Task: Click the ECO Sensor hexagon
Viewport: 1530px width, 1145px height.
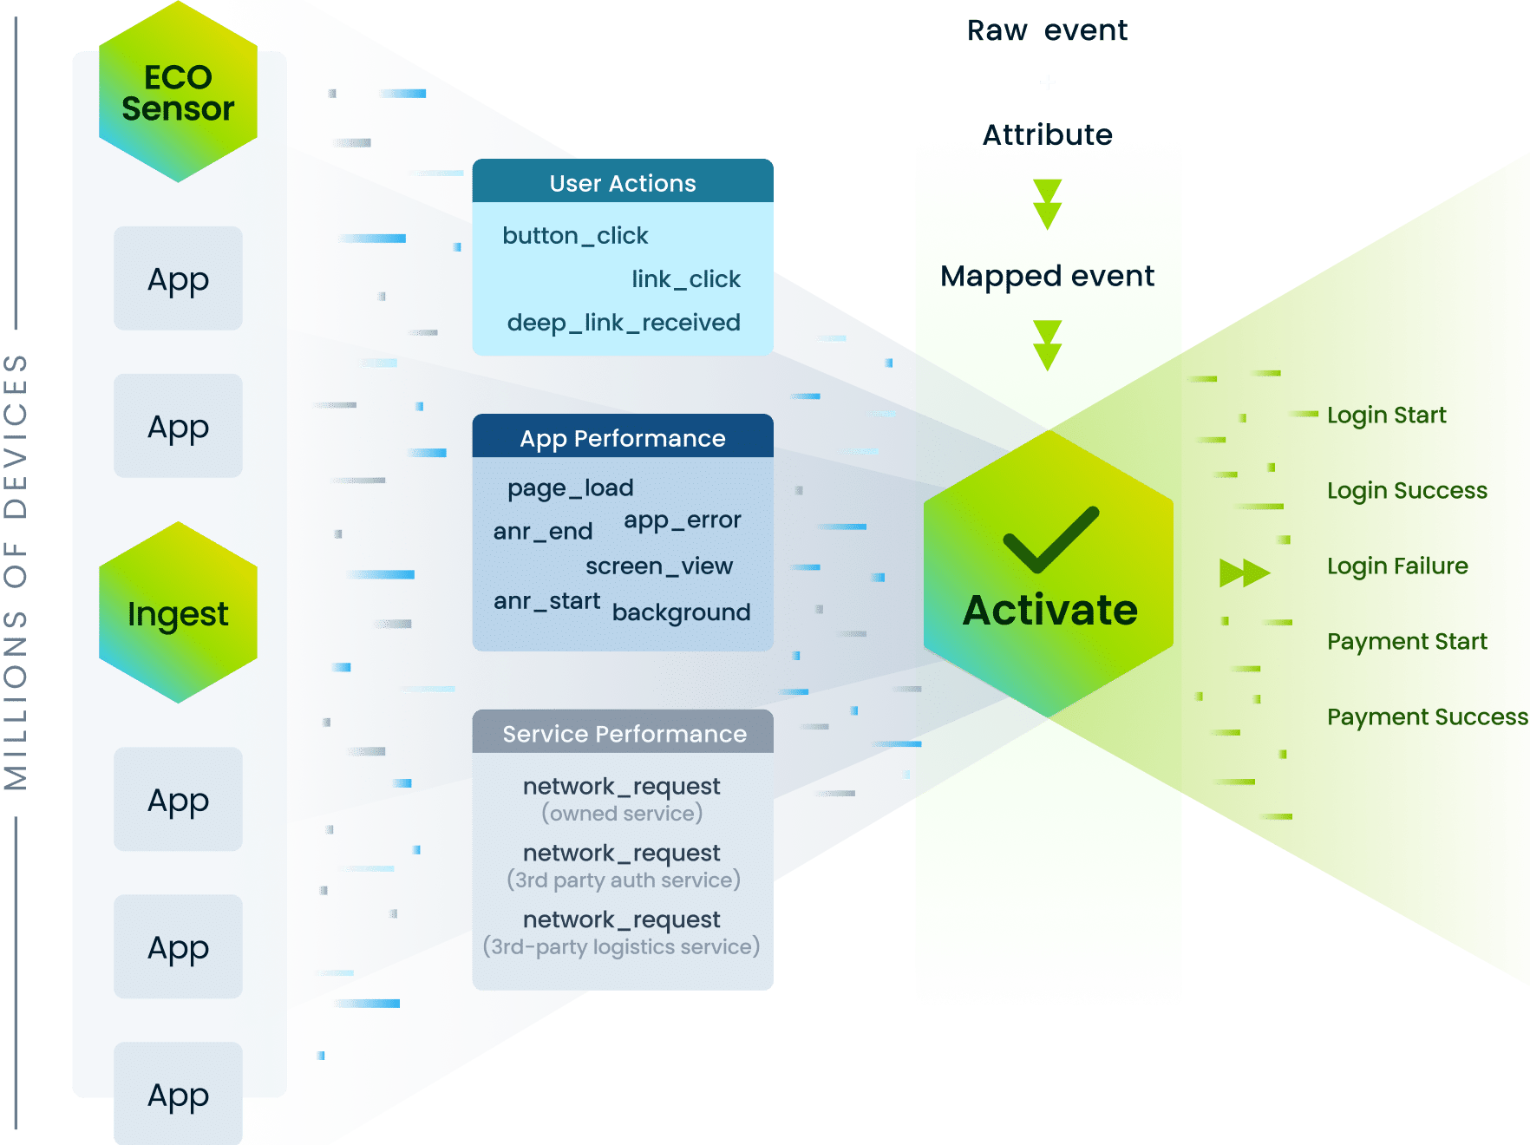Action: (178, 93)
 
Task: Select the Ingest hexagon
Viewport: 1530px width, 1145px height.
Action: (178, 613)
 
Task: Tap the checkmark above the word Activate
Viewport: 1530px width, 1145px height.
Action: (1050, 540)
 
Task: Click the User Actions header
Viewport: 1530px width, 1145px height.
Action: (622, 183)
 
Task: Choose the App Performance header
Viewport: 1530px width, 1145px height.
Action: (622, 438)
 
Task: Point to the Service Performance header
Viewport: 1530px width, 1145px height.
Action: (624, 734)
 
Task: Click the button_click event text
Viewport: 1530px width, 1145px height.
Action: (575, 236)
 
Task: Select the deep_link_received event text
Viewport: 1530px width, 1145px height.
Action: (624, 323)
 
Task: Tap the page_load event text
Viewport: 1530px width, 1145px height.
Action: (570, 488)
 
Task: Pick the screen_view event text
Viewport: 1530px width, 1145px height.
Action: (658, 566)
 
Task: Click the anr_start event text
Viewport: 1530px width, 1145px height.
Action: (546, 601)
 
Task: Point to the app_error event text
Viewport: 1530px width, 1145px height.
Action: (682, 520)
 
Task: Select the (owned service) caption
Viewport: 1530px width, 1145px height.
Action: (622, 814)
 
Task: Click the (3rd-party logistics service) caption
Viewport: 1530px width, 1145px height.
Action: (621, 947)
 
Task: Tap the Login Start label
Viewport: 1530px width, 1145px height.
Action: (1386, 415)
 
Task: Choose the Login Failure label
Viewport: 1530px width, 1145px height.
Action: (1397, 566)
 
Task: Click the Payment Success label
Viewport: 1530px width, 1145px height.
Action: (1427, 717)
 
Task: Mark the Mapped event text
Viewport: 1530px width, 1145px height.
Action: (1047, 277)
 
